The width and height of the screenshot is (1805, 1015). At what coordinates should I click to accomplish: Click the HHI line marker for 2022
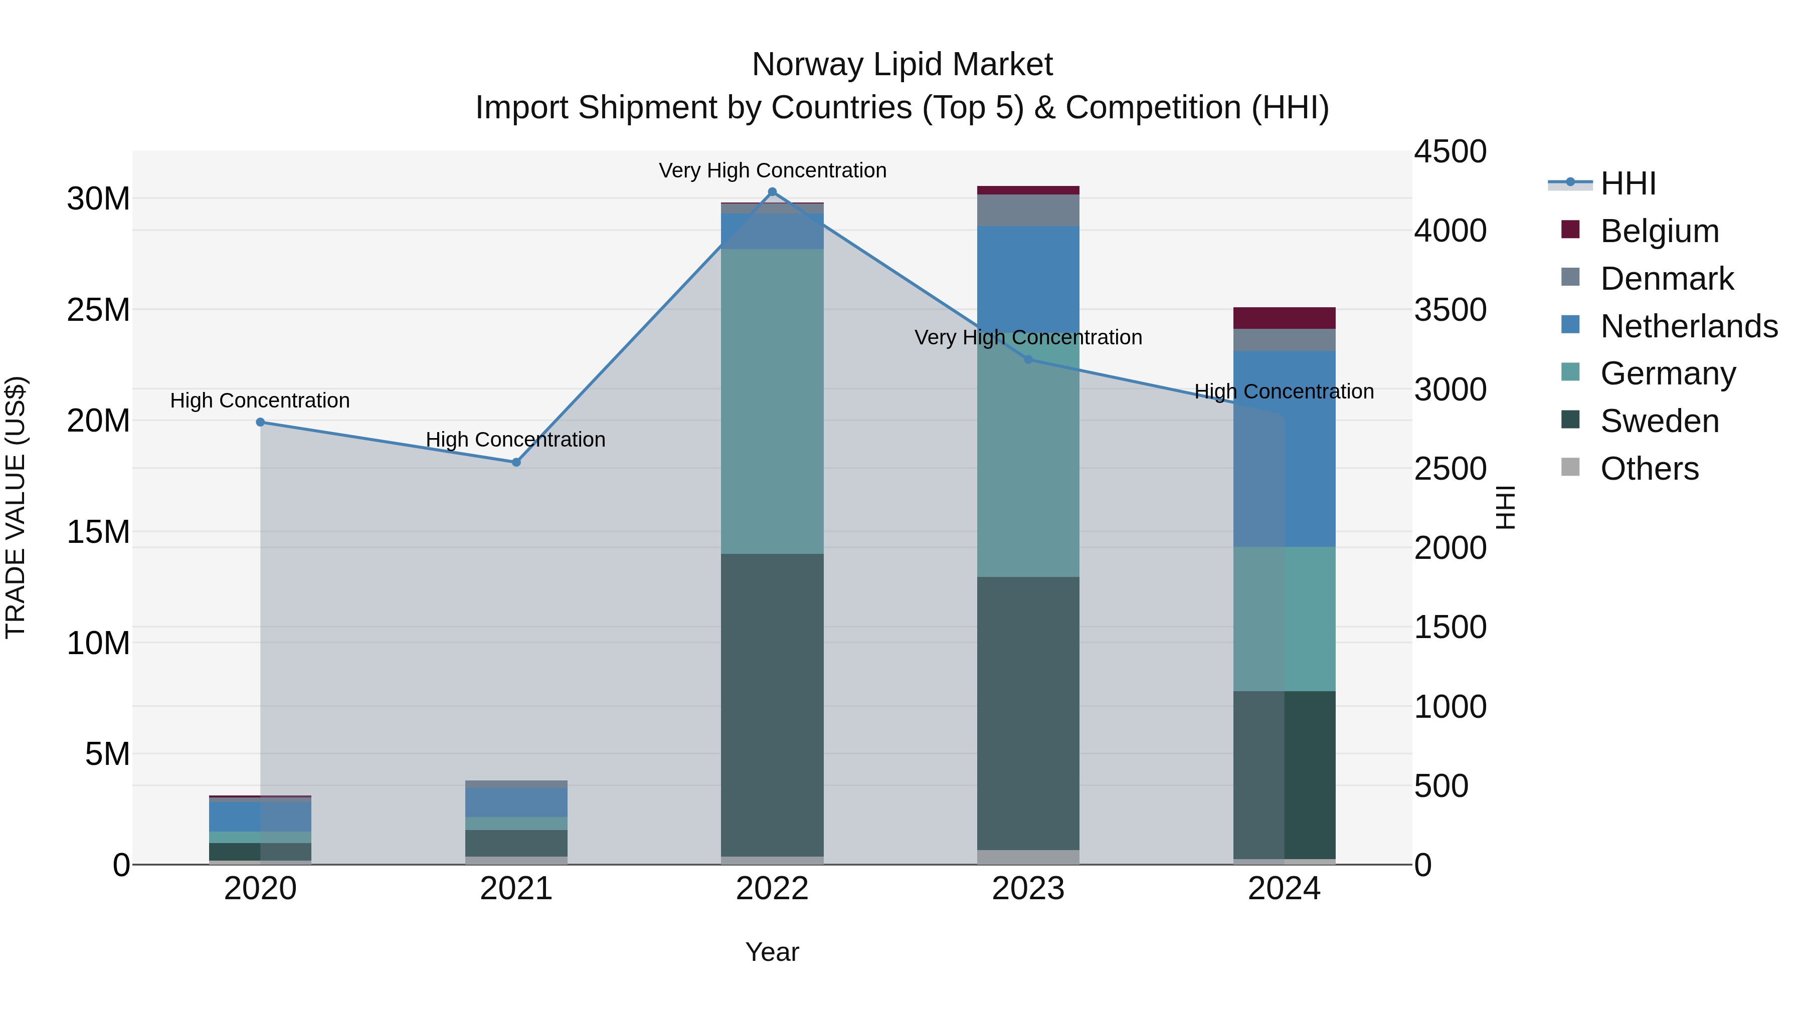tap(772, 192)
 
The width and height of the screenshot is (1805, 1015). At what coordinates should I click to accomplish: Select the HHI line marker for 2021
tap(516, 462)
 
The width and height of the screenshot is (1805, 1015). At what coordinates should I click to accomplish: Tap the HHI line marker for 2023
tap(1028, 359)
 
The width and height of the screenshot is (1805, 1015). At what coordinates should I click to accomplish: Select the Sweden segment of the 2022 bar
tap(772, 704)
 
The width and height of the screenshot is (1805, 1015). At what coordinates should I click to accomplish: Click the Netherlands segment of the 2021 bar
tap(516, 802)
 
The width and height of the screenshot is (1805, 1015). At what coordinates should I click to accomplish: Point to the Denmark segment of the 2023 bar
tap(1028, 210)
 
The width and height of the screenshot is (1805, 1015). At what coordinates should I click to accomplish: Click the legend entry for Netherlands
tap(1689, 326)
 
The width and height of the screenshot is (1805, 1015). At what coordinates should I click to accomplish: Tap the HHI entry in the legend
tap(1628, 183)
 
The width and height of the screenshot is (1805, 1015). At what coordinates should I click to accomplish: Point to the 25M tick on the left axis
tap(98, 310)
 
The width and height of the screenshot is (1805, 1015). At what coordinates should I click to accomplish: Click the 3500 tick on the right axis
tap(1450, 310)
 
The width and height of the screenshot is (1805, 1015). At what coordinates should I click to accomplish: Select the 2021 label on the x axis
tap(516, 889)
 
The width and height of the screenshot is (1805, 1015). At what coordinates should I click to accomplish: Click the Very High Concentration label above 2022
tap(772, 170)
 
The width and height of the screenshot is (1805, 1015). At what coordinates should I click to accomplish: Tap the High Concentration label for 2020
tap(260, 400)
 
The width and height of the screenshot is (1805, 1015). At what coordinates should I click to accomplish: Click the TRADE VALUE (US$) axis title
tap(16, 507)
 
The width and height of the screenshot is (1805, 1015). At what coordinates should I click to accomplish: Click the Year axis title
tap(772, 952)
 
